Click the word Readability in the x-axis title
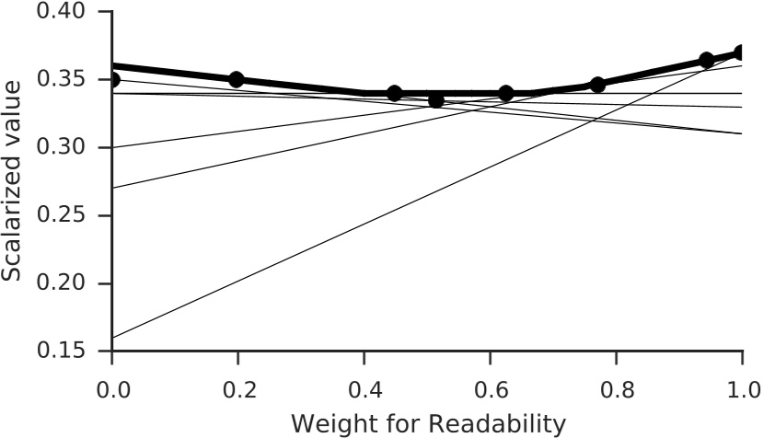[487, 423]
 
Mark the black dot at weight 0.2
[237, 79]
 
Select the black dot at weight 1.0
[742, 52]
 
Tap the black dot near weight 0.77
[597, 85]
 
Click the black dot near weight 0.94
[706, 60]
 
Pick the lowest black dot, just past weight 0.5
[436, 99]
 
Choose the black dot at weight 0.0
[112, 79]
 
